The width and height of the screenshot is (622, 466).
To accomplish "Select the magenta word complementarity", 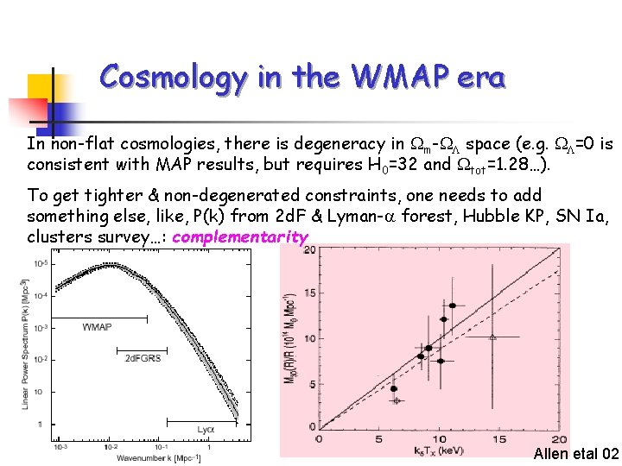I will (240, 236).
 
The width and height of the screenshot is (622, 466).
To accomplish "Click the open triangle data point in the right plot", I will (493, 337).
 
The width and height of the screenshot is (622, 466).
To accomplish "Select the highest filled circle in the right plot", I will (452, 305).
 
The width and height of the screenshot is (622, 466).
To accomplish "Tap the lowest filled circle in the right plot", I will (394, 388).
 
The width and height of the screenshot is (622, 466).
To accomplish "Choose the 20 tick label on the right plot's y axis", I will (308, 249).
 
